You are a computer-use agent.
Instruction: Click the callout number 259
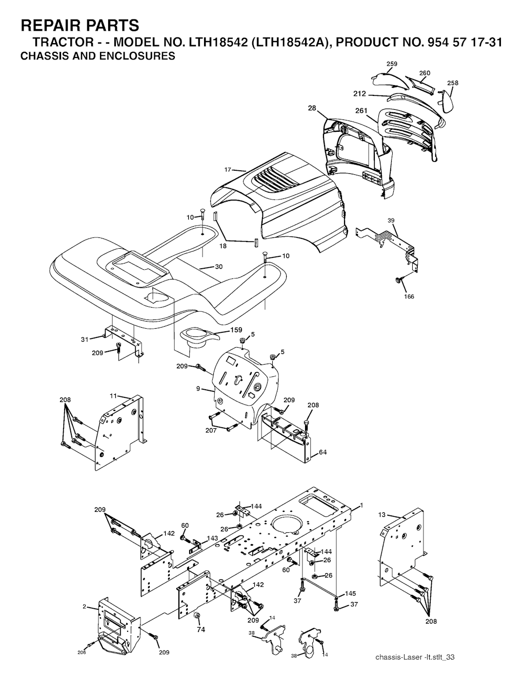392,64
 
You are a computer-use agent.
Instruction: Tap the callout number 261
361,111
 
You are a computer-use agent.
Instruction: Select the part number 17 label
228,170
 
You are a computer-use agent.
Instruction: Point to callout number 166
409,296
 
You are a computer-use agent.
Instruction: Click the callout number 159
236,330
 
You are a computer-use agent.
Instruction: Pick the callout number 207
211,431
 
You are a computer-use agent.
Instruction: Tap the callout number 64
322,452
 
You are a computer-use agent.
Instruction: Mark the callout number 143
212,538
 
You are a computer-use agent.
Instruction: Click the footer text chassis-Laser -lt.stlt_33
415,655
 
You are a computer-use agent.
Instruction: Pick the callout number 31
85,339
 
